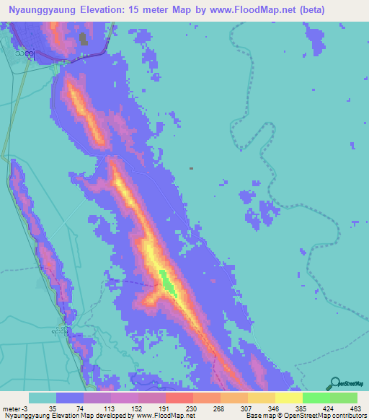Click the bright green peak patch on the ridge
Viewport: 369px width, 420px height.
tap(167, 282)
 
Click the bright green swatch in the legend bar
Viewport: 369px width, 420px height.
tap(316, 398)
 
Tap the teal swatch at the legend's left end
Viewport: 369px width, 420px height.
tap(43, 398)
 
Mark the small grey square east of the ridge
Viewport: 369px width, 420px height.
tap(191, 169)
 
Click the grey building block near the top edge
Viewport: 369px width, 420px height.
tap(83, 38)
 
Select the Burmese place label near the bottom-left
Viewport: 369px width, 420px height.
tap(62, 331)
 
